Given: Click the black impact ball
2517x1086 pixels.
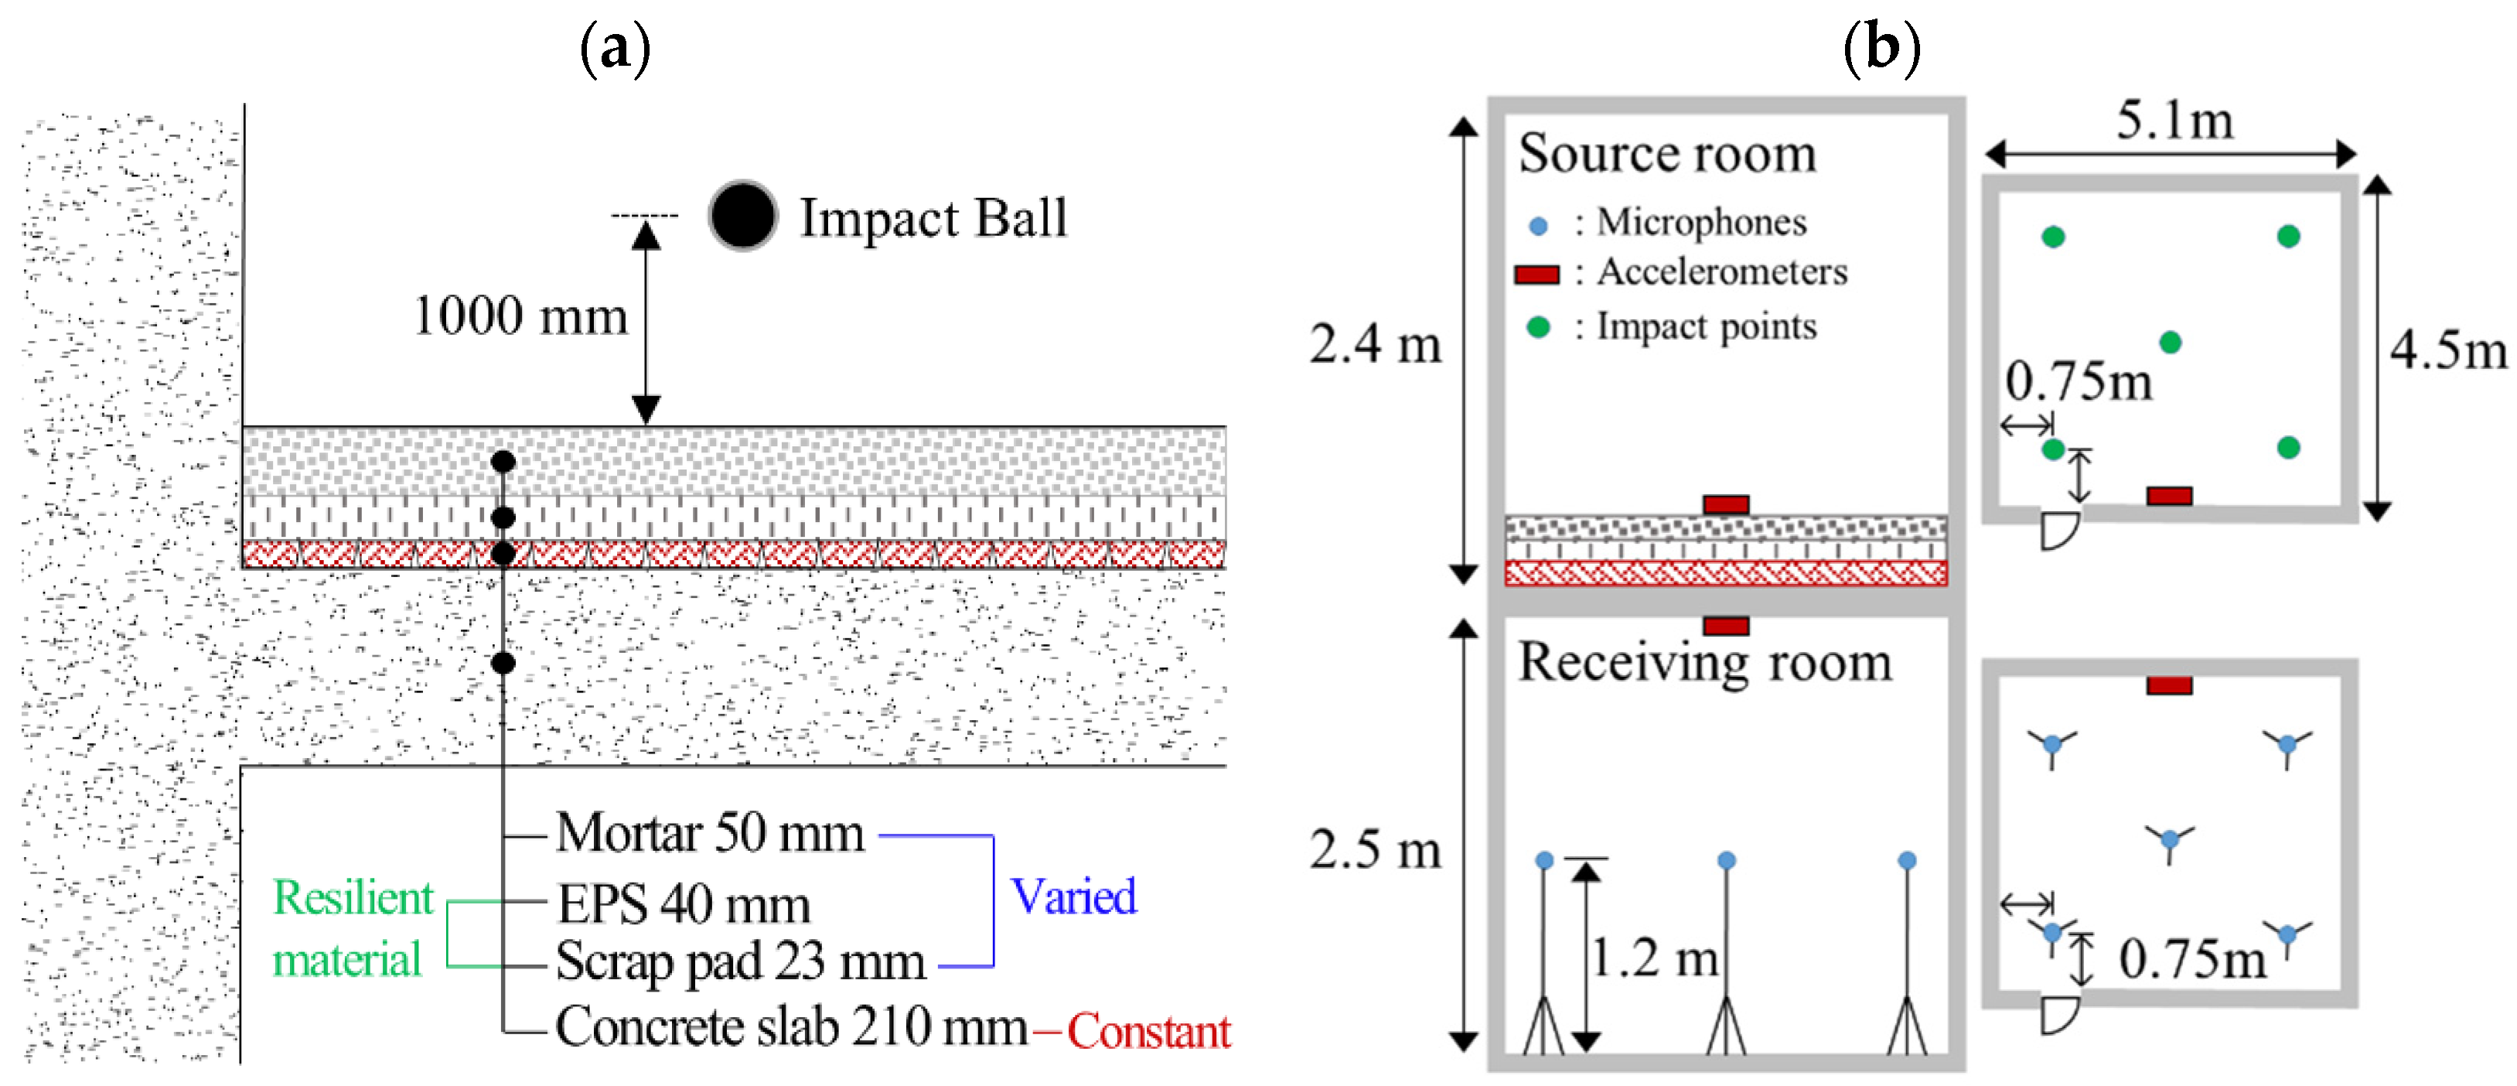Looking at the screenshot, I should [742, 216].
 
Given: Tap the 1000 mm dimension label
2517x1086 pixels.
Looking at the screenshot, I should [520, 316].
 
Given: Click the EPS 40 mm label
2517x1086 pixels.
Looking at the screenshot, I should [684, 904].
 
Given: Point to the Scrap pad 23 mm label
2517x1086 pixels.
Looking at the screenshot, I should [741, 963].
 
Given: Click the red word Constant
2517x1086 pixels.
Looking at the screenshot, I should [1149, 1031].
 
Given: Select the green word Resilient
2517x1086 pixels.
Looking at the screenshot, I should [353, 897].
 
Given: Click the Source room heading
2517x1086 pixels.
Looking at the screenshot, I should [1667, 155].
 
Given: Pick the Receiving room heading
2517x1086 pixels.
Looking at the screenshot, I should [1704, 663].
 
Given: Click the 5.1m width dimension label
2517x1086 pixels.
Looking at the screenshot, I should [2175, 121].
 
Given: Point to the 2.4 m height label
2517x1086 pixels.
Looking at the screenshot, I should [1376, 344].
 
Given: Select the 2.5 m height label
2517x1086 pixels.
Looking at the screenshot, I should [1376, 849].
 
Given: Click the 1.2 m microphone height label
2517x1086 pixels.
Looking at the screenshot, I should [1656, 957].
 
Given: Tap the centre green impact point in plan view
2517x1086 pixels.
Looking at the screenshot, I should [2170, 342].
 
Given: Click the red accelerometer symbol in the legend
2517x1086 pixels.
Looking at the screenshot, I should [1537, 275].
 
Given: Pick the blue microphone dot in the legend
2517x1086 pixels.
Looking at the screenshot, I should [1538, 227].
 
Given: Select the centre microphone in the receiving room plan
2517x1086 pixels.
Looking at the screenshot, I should [2170, 838].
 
